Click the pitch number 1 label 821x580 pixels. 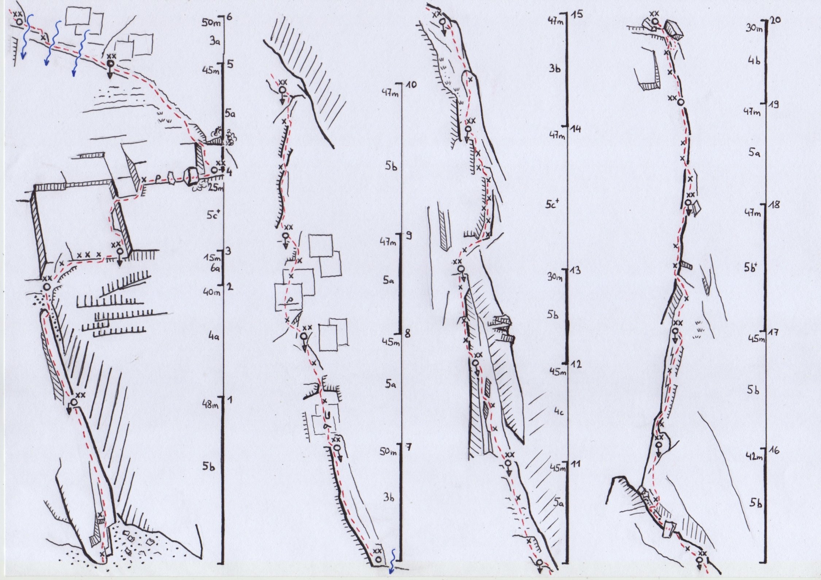(x=230, y=400)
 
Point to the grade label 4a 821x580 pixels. (x=213, y=338)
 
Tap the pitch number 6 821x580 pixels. (x=230, y=16)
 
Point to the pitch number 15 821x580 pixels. (x=578, y=15)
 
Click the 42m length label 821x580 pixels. (x=754, y=456)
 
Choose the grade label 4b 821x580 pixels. (x=753, y=61)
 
